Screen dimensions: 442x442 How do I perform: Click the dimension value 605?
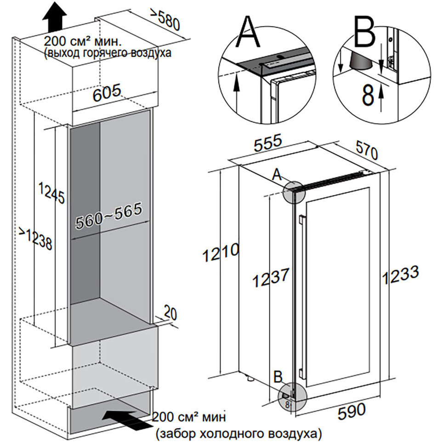[107, 92]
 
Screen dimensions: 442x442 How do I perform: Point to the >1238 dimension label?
[36, 238]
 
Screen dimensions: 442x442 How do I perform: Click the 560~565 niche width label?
[109, 215]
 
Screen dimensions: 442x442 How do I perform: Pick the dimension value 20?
[170, 313]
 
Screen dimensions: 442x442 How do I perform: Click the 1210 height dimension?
[221, 252]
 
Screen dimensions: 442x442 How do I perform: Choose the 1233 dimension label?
[400, 275]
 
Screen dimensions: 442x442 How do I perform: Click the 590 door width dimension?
[351, 411]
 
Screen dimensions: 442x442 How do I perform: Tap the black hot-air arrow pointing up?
[54, 17]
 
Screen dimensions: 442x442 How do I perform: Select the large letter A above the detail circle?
[249, 31]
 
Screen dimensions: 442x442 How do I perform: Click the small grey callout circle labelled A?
[295, 193]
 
